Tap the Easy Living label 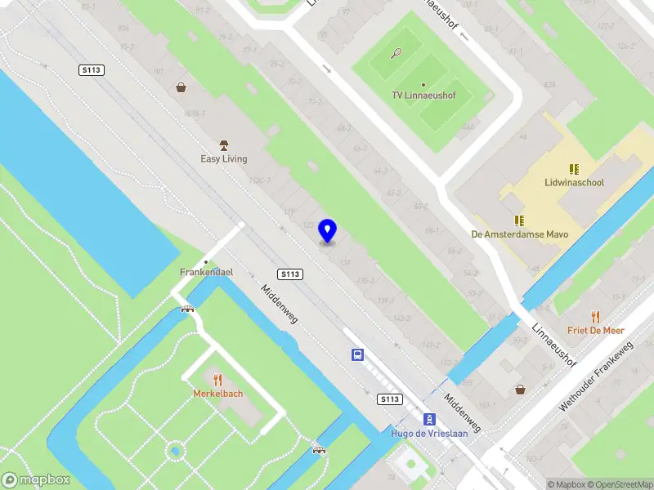point(223,158)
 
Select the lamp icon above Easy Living point(223,144)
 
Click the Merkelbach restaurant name point(217,394)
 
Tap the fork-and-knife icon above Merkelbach point(217,379)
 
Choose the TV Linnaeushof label point(423,96)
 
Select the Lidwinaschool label point(574,183)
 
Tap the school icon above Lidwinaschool point(574,169)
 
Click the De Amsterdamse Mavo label point(519,234)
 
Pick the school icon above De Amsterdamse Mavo point(518,220)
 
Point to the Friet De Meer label point(596,331)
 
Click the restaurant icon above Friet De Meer point(595,316)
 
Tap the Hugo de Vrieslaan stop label point(429,433)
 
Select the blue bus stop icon point(357,354)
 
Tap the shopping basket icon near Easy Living point(181,87)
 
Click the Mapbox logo point(35,480)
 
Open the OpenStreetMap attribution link point(614,484)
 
